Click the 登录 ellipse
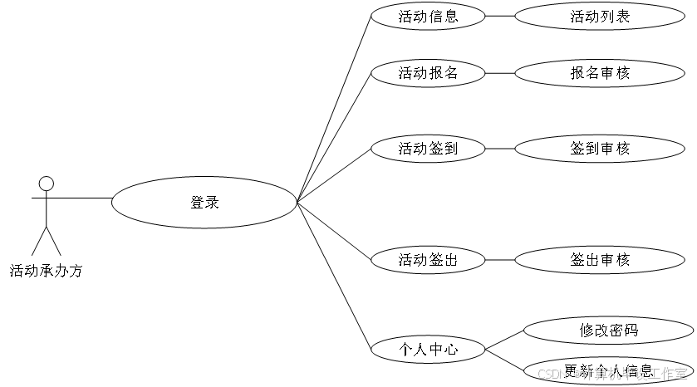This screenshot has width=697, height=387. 204,203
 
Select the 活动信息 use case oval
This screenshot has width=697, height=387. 428,17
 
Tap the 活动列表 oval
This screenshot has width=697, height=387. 600,17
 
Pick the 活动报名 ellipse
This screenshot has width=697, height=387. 428,73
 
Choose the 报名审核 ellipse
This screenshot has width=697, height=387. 600,73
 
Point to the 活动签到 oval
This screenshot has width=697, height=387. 428,149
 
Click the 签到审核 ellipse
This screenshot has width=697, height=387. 600,149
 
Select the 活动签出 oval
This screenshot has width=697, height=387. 428,260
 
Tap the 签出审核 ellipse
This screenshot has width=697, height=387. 600,260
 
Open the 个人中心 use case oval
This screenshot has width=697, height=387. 428,350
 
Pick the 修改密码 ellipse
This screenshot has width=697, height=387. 609,331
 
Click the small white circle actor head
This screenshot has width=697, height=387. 47,184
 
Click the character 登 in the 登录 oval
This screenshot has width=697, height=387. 198,203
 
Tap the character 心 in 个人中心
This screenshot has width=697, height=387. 451,350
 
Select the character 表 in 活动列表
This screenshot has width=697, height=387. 623,17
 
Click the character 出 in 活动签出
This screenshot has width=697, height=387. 450,260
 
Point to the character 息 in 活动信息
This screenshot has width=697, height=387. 451,17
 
